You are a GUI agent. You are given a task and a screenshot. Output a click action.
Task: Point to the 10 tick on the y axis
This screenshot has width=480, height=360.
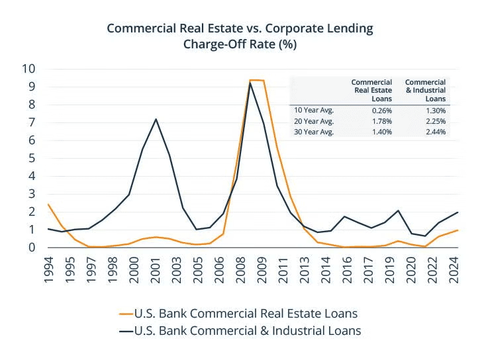pyautogui.click(x=28, y=69)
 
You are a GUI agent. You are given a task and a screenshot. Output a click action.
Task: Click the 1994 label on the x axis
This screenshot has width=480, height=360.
pyautogui.click(x=49, y=270)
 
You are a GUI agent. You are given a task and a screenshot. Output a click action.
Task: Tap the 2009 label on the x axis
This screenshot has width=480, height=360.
pyautogui.click(x=263, y=270)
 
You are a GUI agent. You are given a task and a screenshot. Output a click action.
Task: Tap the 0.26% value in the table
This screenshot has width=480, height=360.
pyautogui.click(x=382, y=111)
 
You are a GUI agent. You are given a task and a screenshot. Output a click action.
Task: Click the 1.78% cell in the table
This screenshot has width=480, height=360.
pyautogui.click(x=382, y=121)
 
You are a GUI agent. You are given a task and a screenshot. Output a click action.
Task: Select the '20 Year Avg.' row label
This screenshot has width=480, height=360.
pyautogui.click(x=314, y=121)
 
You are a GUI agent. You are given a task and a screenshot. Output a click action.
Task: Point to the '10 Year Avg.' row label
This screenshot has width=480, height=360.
pyautogui.click(x=314, y=111)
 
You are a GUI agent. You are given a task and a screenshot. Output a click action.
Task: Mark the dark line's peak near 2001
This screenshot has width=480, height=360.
pyautogui.click(x=156, y=119)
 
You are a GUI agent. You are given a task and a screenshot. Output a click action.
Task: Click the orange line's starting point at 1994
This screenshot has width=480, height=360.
pyautogui.click(x=48, y=204)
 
